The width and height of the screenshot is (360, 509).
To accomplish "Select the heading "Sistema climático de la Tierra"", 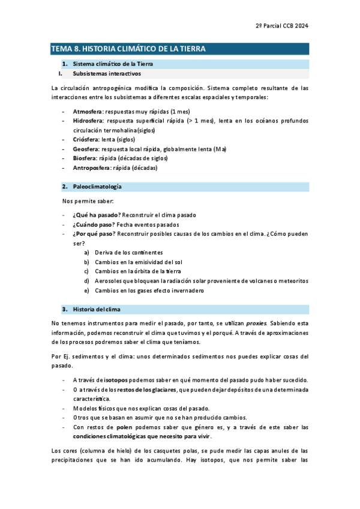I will (x=112, y=64).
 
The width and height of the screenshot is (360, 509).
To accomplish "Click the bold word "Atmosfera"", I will (x=87, y=112).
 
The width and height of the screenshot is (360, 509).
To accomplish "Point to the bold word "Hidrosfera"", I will (x=88, y=121).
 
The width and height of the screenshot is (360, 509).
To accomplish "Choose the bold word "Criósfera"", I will (x=86, y=139).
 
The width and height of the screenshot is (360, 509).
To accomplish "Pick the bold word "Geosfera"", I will (x=86, y=149).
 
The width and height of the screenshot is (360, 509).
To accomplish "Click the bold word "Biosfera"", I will (x=85, y=158).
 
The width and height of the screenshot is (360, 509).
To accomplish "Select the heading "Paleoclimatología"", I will (x=97, y=187).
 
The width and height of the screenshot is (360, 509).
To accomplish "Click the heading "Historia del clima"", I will (x=97, y=309).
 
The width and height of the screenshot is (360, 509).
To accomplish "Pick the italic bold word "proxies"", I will (x=256, y=324).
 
